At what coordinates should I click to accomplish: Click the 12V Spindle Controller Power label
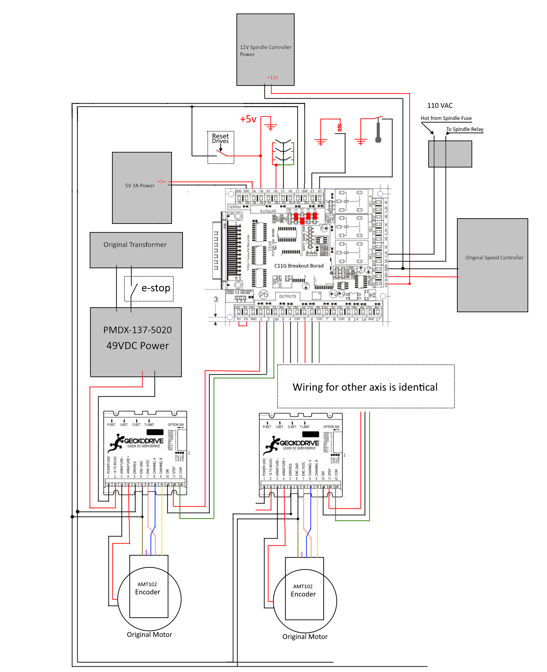point(266,51)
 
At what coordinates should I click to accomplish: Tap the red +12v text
point(273,77)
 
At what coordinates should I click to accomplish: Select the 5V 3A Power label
point(140,186)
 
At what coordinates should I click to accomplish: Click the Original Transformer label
point(135,245)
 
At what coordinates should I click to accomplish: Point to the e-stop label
point(156,288)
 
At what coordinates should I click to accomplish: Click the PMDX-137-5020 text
point(138,330)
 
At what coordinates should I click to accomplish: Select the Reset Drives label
point(221,138)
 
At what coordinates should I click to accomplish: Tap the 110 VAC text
point(440,106)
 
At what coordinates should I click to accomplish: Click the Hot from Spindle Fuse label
point(446,118)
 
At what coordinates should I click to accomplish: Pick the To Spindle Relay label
point(464,129)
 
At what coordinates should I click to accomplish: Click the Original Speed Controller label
point(494,258)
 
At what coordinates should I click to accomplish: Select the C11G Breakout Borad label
point(299,266)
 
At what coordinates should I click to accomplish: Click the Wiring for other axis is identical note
point(365,387)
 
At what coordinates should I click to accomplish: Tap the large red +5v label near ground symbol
point(248,119)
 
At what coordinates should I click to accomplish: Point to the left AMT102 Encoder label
point(147,589)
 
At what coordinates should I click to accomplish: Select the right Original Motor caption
point(305,637)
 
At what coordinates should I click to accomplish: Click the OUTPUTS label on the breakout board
point(288,296)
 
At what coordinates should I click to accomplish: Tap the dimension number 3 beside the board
point(216,299)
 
